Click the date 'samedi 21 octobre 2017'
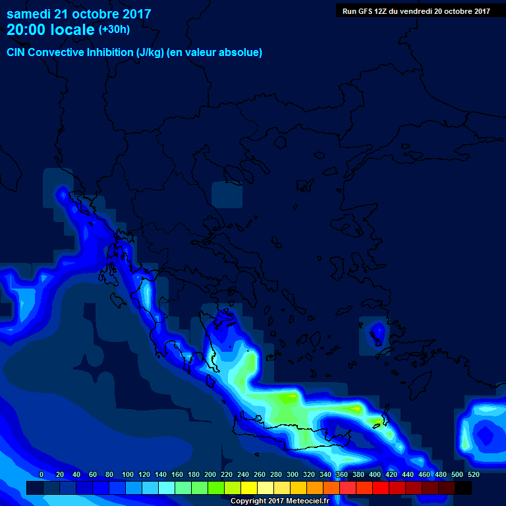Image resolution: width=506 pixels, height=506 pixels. (78, 14)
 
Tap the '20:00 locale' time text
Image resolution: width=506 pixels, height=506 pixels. (50, 30)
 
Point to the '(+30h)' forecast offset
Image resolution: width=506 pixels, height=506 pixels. (114, 30)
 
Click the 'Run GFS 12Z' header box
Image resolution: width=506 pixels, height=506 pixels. (416, 11)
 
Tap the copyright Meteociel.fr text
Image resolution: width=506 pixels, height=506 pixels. (279, 501)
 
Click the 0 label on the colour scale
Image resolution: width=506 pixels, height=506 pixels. (42, 474)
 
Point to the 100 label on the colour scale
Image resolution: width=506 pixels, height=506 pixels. (127, 474)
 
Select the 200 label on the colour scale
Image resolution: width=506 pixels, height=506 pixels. (210, 474)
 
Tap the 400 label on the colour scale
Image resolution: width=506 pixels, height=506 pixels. (375, 474)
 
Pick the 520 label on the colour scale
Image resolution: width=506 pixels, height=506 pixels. (474, 474)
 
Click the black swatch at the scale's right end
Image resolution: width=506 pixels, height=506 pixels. (463, 488)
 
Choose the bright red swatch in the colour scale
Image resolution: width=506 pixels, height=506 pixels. (381, 488)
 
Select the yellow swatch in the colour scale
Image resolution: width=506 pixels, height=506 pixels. (249, 488)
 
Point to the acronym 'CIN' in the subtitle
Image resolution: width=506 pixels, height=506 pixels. (16, 53)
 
